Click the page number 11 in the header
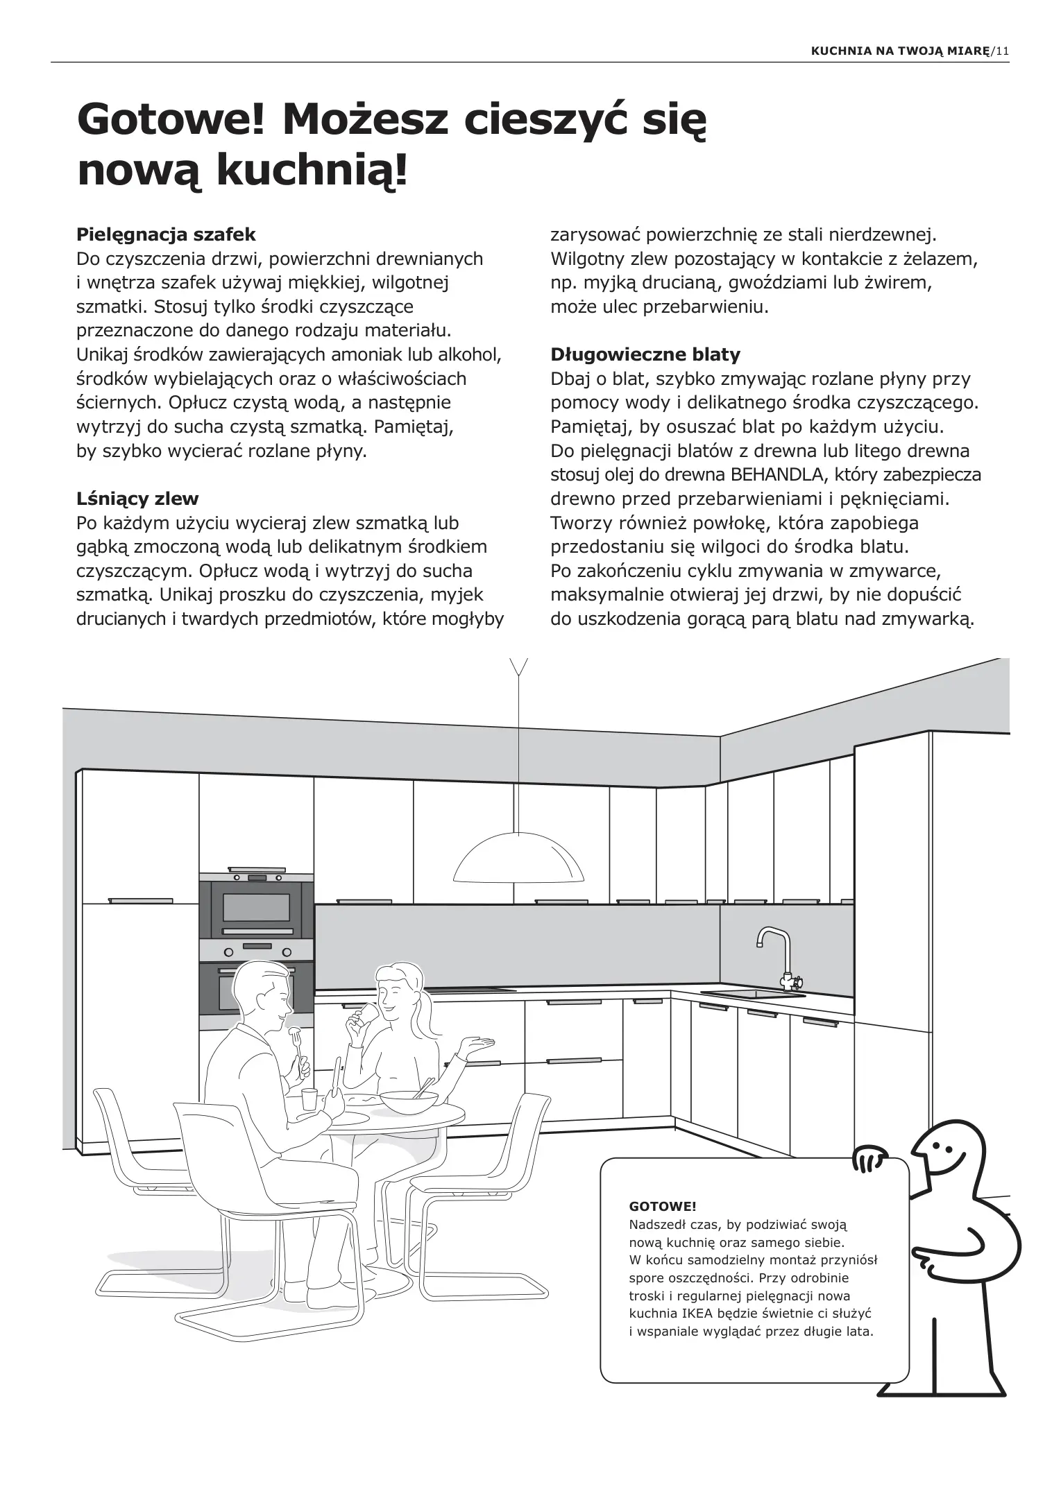1001,51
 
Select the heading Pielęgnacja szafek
166,234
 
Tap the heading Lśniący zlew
137,498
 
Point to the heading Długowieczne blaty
645,354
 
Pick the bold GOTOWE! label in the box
662,1207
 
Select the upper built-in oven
256,908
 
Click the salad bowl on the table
409,1101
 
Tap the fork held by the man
296,1037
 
